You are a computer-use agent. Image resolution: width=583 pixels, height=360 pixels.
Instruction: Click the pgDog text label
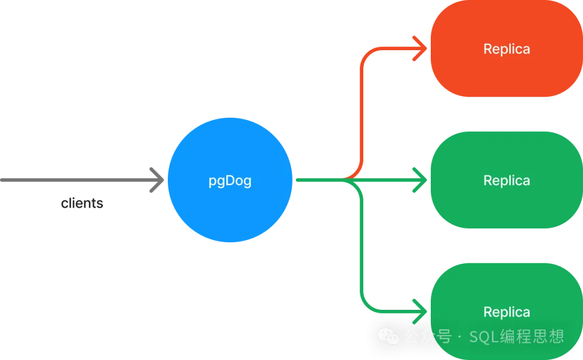(x=230, y=181)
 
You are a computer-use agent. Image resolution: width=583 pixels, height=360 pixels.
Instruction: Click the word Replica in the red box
(x=506, y=49)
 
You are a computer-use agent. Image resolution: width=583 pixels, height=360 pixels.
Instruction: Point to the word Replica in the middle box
(x=506, y=180)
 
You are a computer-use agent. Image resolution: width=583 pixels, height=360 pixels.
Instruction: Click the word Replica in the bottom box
(x=506, y=312)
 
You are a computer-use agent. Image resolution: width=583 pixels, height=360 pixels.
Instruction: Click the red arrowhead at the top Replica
(x=420, y=48)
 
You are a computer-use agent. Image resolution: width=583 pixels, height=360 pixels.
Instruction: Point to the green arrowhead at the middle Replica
(x=420, y=180)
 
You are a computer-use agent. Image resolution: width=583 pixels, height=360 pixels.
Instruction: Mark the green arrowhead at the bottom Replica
(x=420, y=311)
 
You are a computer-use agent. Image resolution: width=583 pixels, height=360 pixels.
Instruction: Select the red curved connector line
(x=362, y=108)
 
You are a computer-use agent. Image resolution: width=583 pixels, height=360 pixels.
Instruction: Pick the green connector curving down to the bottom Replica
(x=362, y=254)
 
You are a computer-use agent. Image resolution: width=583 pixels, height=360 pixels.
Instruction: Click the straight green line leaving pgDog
(x=318, y=180)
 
